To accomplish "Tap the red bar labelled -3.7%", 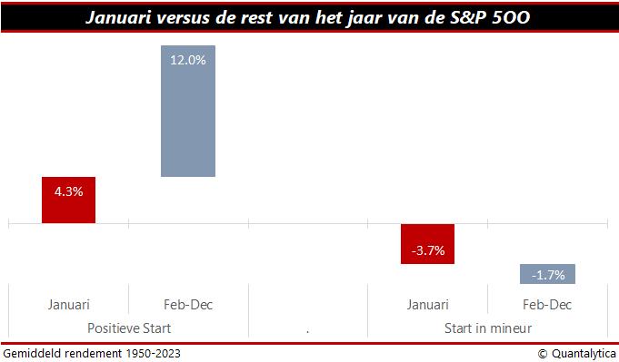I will [x=427, y=243].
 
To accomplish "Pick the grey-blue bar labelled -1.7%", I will [x=547, y=274].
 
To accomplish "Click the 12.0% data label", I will [x=188, y=60].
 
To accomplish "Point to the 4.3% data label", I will [x=68, y=191].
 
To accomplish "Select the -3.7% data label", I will [x=427, y=250].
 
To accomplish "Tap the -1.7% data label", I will [x=547, y=274].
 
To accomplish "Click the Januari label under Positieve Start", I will [x=68, y=305].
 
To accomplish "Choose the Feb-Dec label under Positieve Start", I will [x=188, y=305].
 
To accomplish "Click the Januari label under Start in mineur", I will [x=427, y=305].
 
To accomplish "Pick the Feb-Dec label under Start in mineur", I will [x=547, y=305].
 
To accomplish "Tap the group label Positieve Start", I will [x=128, y=328].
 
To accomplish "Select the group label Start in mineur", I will [x=487, y=328].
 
